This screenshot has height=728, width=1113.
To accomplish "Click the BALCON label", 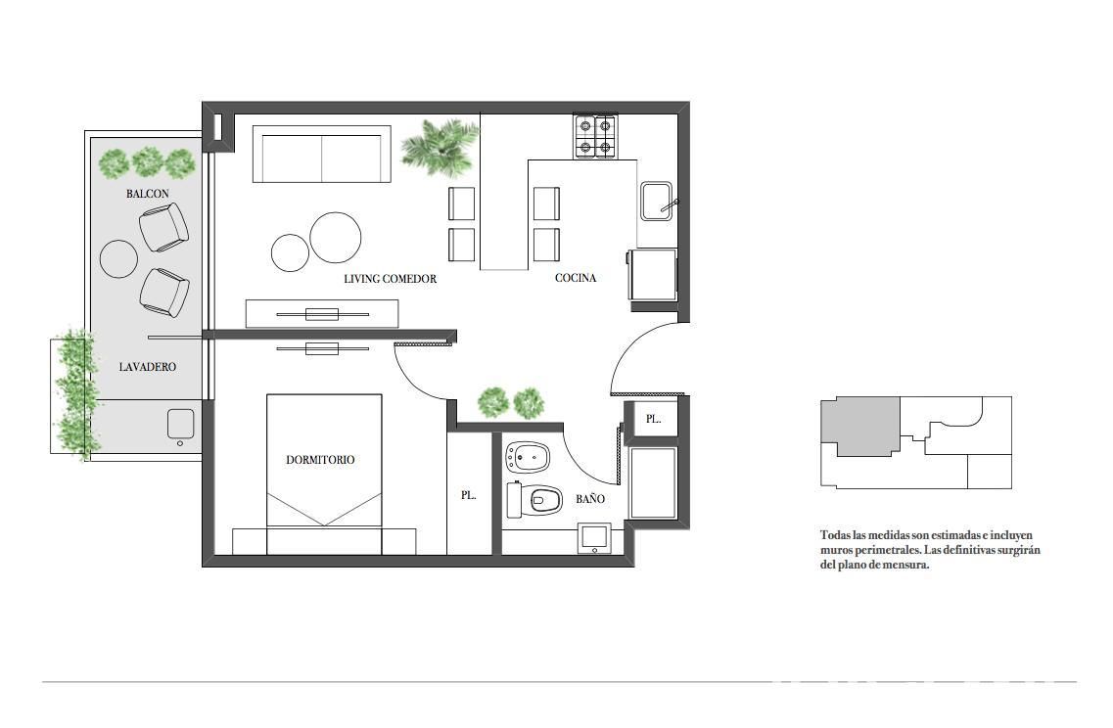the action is [x=148, y=194].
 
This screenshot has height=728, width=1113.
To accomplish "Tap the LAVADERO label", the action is [x=148, y=367].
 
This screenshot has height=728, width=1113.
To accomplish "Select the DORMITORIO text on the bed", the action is [x=320, y=460].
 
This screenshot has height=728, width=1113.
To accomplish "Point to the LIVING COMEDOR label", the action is [x=391, y=279].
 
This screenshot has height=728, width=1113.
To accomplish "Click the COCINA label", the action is [x=576, y=278].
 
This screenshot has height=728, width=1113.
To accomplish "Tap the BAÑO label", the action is [x=590, y=499].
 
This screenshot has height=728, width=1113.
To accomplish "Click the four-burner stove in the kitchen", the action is [x=595, y=136].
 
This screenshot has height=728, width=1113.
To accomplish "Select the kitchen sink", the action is [x=657, y=202].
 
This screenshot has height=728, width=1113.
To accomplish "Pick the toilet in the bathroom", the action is [x=534, y=500].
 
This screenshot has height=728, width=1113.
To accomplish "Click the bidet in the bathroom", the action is [x=528, y=458].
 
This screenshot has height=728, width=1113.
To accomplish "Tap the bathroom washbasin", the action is [x=594, y=538].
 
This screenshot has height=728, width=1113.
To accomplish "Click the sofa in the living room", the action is [x=322, y=155].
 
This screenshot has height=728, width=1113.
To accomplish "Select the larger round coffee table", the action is [x=335, y=238].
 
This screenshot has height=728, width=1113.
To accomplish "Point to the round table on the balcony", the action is [x=118, y=259].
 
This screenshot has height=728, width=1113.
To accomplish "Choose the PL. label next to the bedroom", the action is [x=469, y=495].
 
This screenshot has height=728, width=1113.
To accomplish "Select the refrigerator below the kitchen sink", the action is [x=652, y=274].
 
